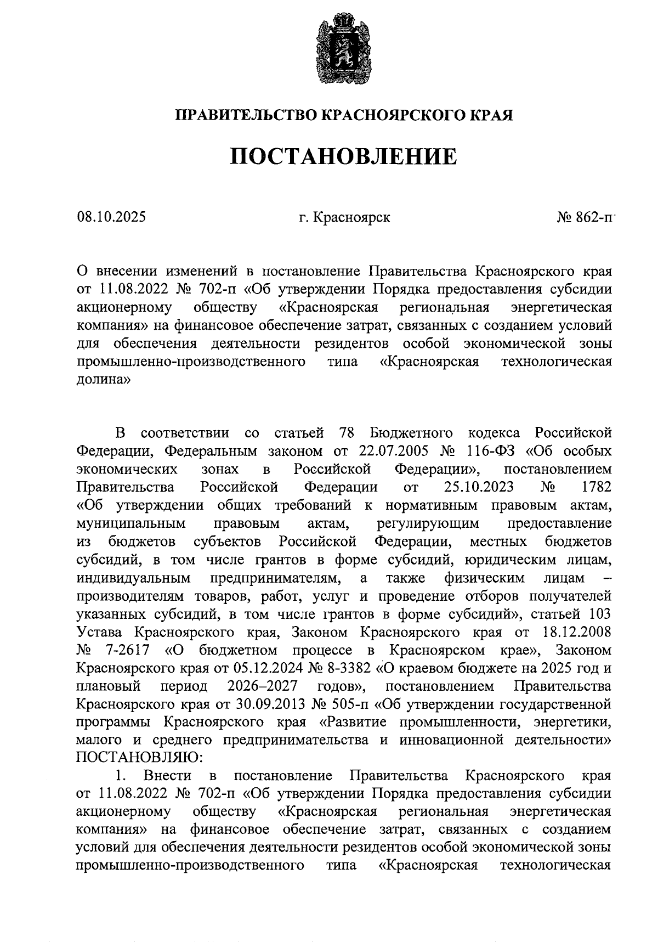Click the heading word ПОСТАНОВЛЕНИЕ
(343, 156)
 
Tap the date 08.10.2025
(111, 217)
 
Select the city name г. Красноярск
(344, 217)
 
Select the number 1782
(596, 487)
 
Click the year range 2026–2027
(263, 686)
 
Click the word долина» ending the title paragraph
(103, 380)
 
